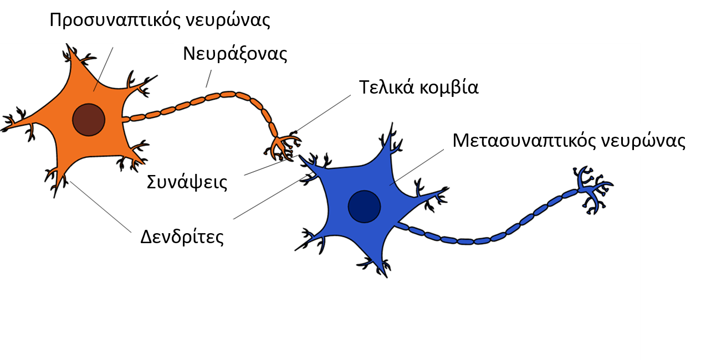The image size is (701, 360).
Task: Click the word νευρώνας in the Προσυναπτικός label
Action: point(228,20)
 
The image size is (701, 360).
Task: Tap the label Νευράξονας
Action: point(235,54)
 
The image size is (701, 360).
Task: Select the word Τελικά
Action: point(386,87)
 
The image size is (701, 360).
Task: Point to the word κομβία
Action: point(449,87)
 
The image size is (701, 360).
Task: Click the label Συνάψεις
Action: point(187,182)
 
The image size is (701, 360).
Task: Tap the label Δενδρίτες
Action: point(182,237)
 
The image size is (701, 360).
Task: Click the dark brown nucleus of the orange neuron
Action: point(89,120)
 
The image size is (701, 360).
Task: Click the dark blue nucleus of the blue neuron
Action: point(364,207)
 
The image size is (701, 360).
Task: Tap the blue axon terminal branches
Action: point(592,190)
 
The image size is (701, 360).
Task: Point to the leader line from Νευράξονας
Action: point(208,79)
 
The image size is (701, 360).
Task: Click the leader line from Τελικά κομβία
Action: point(323,113)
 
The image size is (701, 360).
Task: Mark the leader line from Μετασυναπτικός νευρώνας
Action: point(417,167)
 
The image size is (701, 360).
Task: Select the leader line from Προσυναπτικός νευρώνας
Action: point(103,69)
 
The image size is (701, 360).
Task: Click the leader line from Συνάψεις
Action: point(271,165)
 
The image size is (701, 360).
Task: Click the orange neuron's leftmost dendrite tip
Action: point(1,130)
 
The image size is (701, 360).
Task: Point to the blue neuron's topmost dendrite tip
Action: point(392,123)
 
